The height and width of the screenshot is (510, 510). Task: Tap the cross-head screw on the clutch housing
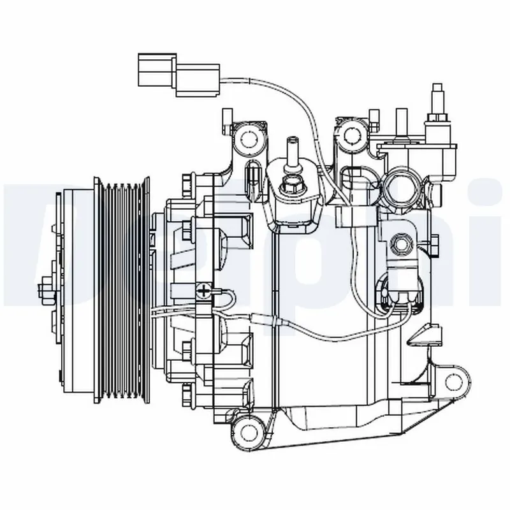pos(204,291)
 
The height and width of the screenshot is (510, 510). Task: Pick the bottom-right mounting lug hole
pos(453,381)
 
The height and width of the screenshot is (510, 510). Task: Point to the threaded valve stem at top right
pos(438,102)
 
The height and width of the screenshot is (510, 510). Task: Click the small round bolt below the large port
pos(402,243)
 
